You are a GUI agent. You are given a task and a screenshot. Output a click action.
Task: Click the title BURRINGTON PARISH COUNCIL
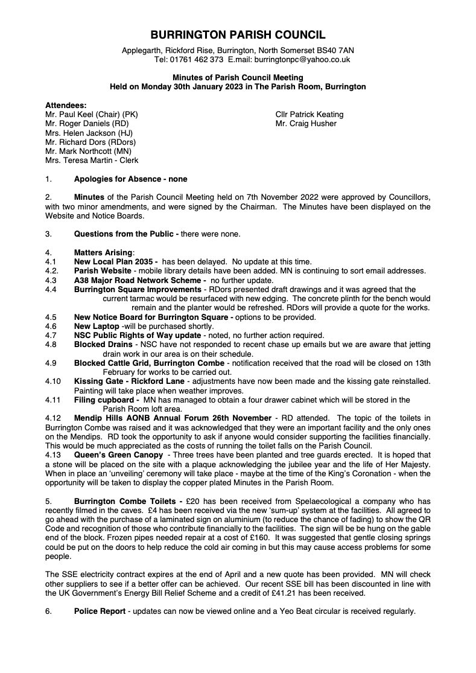238,35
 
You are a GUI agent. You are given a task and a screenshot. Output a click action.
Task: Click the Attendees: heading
66,104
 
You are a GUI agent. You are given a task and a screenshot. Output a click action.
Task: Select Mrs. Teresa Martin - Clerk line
92,161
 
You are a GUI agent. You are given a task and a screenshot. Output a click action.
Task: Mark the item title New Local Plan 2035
114,261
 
